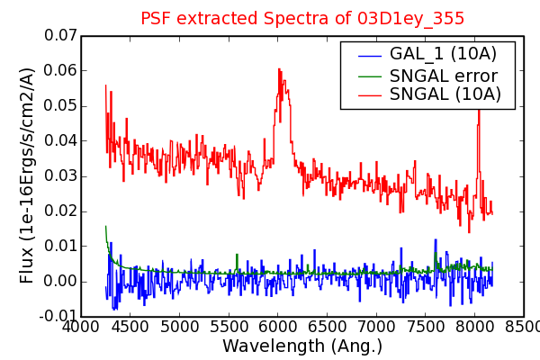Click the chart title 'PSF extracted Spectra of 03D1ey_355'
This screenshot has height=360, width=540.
pyautogui.click(x=302, y=18)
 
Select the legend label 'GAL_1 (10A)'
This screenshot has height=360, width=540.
pyautogui.click(x=443, y=54)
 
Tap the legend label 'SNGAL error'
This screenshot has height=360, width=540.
pyautogui.click(x=444, y=76)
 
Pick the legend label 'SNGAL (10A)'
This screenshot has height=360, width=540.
pyautogui.click(x=445, y=94)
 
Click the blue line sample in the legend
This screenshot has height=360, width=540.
pyautogui.click(x=370, y=56)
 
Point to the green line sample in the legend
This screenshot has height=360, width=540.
pyautogui.click(x=370, y=76)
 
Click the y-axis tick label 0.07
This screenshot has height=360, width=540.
pyautogui.click(x=60, y=35)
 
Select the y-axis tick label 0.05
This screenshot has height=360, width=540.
pyautogui.click(x=60, y=106)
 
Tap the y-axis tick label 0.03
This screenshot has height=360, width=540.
pyautogui.click(x=60, y=176)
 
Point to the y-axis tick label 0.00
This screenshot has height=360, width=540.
pyautogui.click(x=60, y=281)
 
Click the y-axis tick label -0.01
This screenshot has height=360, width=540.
pyautogui.click(x=58, y=316)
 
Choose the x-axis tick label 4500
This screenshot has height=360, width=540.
pyautogui.click(x=130, y=327)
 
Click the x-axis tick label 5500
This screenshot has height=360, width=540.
pyautogui.click(x=229, y=327)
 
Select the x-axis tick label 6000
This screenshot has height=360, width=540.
pyautogui.click(x=277, y=327)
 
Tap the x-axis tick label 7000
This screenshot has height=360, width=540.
pyautogui.click(x=376, y=327)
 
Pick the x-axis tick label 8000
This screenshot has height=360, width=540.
pyautogui.click(x=474, y=327)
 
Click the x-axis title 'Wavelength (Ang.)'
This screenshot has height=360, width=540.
pyautogui.click(x=302, y=346)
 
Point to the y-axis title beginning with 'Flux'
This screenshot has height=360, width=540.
pyautogui.click(x=26, y=175)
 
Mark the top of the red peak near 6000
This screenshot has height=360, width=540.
pyautogui.click(x=279, y=69)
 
